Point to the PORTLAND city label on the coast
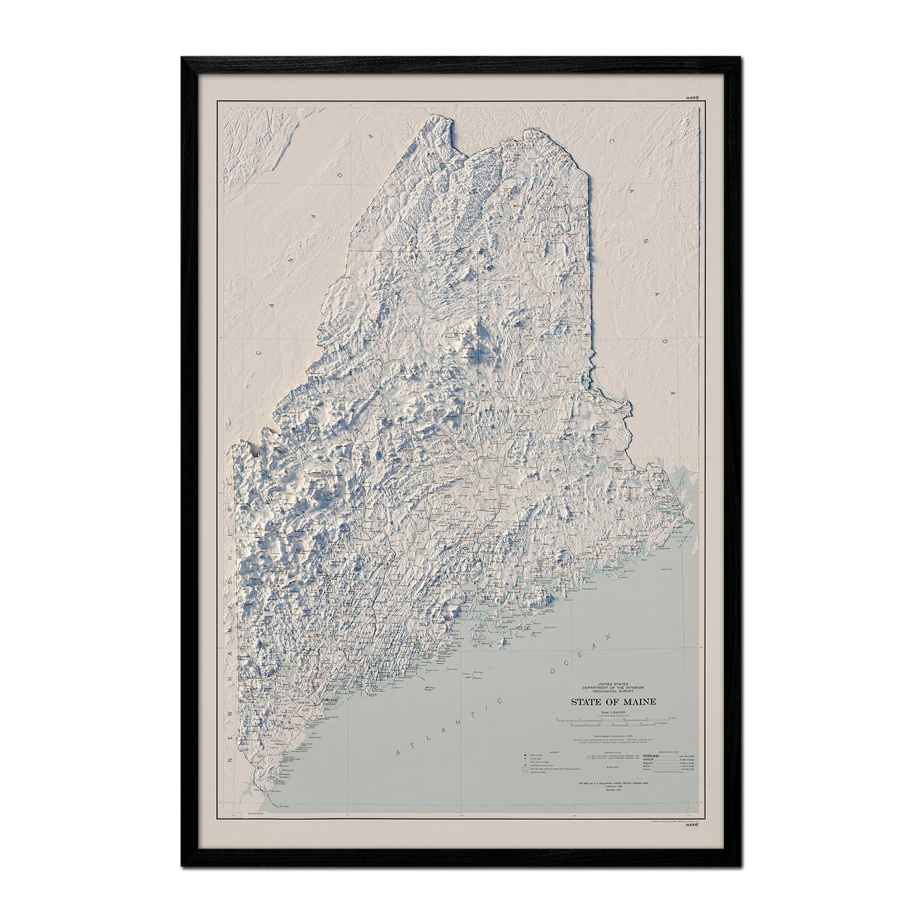click(x=330, y=699)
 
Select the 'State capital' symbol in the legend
click(x=526, y=754)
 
